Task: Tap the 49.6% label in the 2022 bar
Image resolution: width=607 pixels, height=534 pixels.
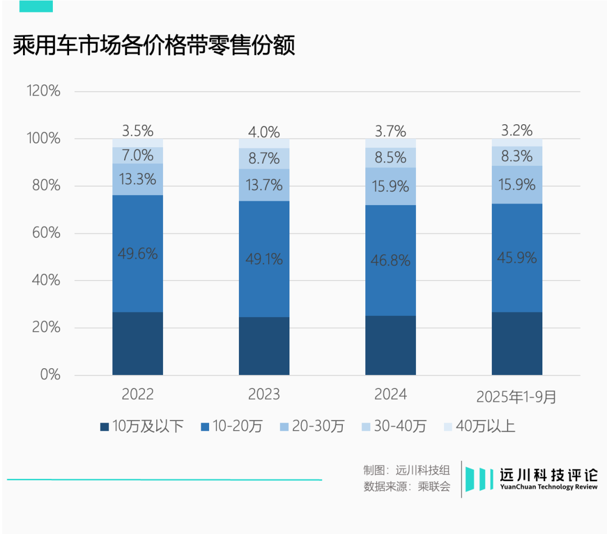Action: point(138,254)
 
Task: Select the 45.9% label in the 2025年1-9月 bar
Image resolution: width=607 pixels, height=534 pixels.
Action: point(517,258)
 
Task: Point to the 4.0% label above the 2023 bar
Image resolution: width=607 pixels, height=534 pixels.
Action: point(264,132)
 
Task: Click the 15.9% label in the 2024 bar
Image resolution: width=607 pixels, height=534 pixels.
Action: point(391,186)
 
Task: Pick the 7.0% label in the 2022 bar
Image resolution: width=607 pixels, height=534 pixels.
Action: point(138,155)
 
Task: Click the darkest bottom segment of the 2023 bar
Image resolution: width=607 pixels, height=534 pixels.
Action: point(264,346)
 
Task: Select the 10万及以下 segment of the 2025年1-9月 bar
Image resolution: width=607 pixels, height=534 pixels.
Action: point(517,343)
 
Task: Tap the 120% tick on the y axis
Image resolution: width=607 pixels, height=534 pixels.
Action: point(43,91)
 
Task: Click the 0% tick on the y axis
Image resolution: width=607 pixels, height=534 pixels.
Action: point(50,375)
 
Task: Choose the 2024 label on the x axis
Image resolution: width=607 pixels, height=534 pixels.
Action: point(391,395)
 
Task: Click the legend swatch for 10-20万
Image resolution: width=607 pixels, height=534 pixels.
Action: point(205,427)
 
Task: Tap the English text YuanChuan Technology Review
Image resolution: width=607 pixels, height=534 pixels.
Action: point(549,487)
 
